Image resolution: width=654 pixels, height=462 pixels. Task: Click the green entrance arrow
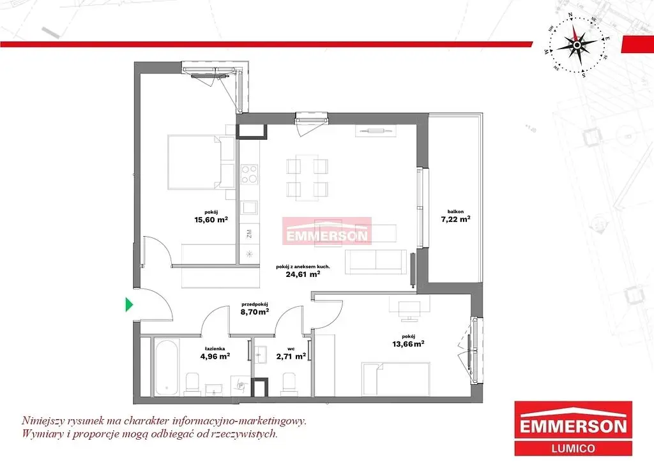pyautogui.click(x=129, y=305)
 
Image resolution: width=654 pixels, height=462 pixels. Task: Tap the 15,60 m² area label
pyautogui.click(x=211, y=220)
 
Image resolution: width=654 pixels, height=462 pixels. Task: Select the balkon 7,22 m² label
pyautogui.click(x=455, y=216)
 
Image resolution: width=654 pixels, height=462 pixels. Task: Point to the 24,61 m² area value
pyautogui.click(x=303, y=274)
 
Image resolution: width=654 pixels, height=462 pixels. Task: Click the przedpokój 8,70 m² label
pyautogui.click(x=254, y=308)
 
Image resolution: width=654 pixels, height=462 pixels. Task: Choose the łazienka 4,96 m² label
pyautogui.click(x=215, y=354)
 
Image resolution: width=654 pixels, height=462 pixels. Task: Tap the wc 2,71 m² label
pyautogui.click(x=291, y=354)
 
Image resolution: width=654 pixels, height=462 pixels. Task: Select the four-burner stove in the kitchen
pyautogui.click(x=250, y=174)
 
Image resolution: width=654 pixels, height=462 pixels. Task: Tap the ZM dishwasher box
pyautogui.click(x=250, y=234)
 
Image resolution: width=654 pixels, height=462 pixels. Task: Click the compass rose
pyautogui.click(x=577, y=45)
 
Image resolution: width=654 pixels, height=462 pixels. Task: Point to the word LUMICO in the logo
pyautogui.click(x=573, y=448)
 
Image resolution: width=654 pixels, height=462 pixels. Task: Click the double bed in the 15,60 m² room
pyautogui.click(x=201, y=162)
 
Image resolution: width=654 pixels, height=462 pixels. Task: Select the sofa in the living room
pyautogui.click(x=376, y=262)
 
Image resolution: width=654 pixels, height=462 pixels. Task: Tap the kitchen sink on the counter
pyautogui.click(x=250, y=207)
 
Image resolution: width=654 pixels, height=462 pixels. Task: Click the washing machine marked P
pyautogui.click(x=241, y=386)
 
